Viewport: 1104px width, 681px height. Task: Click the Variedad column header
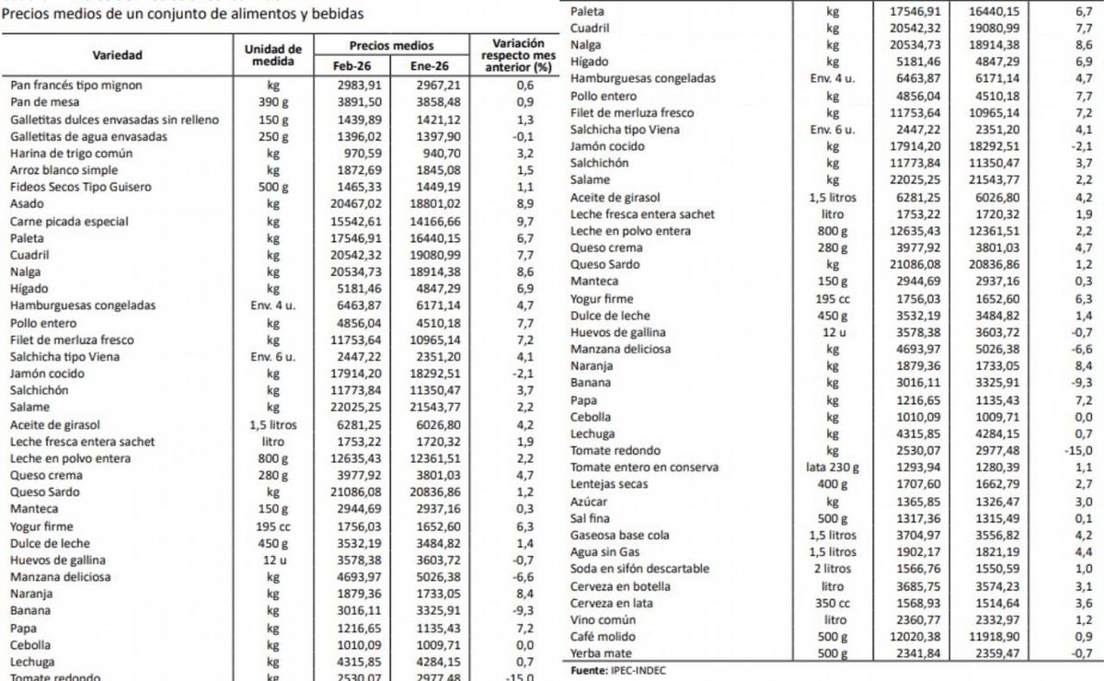117,55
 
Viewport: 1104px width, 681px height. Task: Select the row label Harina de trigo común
72,153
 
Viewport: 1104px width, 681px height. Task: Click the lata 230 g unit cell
832,467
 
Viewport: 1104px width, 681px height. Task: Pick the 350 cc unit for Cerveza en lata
833,603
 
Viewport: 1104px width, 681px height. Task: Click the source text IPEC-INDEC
637,670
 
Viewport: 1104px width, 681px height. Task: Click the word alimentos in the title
245,14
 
